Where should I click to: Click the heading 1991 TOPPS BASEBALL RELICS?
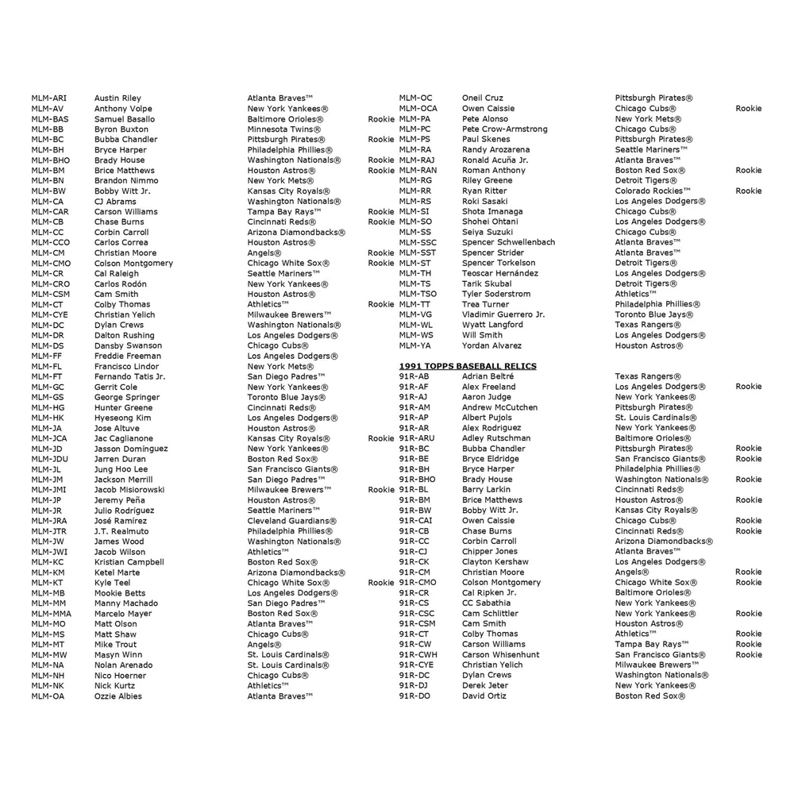[x=467, y=366]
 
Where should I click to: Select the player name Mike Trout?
[x=115, y=645]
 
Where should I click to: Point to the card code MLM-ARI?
[x=48, y=98]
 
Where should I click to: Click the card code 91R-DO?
[x=414, y=696]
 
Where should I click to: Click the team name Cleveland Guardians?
[x=290, y=521]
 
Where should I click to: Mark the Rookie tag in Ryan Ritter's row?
[x=748, y=191]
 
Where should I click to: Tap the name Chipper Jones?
[x=489, y=552]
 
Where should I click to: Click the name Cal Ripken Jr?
[x=488, y=593]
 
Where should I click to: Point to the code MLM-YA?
[x=415, y=345]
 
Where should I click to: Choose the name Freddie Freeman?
[x=127, y=356]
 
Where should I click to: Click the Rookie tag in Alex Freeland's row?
[x=748, y=387]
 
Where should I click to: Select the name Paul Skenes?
[x=486, y=139]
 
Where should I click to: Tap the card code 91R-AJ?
[x=413, y=397]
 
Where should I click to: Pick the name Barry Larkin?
[x=486, y=490]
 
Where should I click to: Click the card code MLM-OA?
[x=47, y=696]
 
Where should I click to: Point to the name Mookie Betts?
[x=120, y=593]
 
